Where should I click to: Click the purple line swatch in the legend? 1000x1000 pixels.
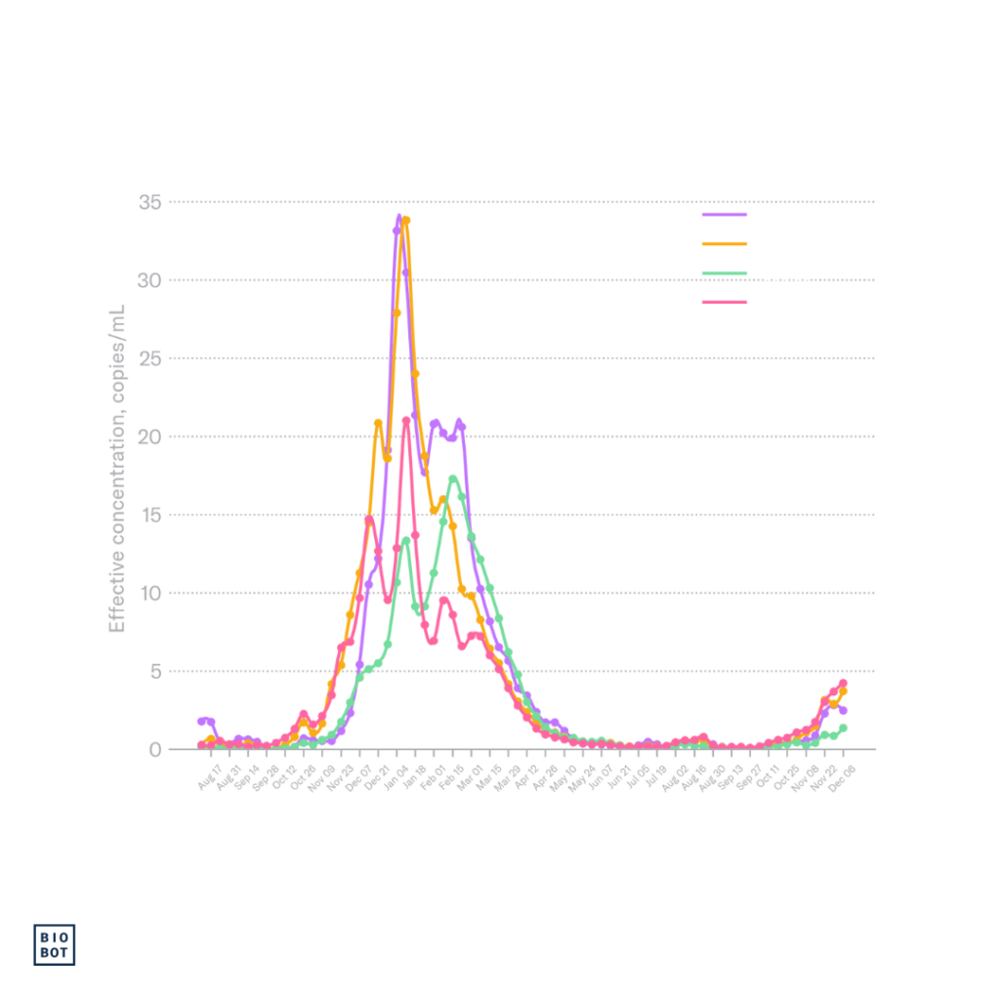coord(725,213)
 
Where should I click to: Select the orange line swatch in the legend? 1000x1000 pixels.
coord(725,242)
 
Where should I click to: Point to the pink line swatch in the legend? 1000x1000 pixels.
coord(725,302)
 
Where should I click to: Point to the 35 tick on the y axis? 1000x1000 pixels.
coord(150,202)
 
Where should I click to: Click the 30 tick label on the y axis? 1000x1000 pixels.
coord(150,280)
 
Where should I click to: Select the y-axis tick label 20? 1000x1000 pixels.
coord(150,437)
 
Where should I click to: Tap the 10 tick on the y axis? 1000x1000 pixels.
coord(150,593)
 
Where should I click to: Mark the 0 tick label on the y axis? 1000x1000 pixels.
coord(155,749)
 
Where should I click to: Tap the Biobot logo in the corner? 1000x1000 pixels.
coord(55,944)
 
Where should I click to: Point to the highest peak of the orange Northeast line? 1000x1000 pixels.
coord(406,219)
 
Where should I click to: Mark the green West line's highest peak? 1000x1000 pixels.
coord(453,477)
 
